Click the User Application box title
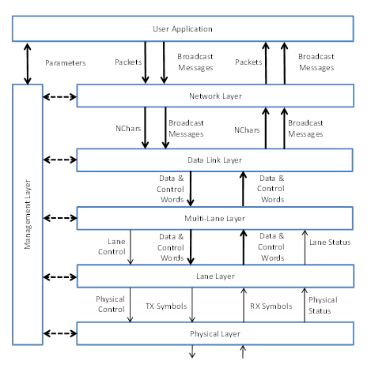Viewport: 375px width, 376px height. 183,29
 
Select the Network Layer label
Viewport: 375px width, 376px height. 215,96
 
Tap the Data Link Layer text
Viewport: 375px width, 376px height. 214,160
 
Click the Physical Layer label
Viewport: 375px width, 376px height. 215,333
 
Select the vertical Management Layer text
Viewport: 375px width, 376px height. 28,213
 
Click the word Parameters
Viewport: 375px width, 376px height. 66,62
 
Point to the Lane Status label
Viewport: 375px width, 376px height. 328,242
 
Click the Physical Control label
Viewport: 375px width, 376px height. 111,304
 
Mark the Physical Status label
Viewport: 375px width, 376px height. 323,304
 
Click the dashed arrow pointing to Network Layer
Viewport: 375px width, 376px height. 59,99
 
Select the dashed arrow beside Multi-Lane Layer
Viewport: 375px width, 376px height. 59,217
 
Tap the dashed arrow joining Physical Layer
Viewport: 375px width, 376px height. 59,333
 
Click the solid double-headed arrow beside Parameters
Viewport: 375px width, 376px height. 28,62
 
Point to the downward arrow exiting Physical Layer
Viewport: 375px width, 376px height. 191,352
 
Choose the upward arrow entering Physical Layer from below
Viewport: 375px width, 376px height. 244,352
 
